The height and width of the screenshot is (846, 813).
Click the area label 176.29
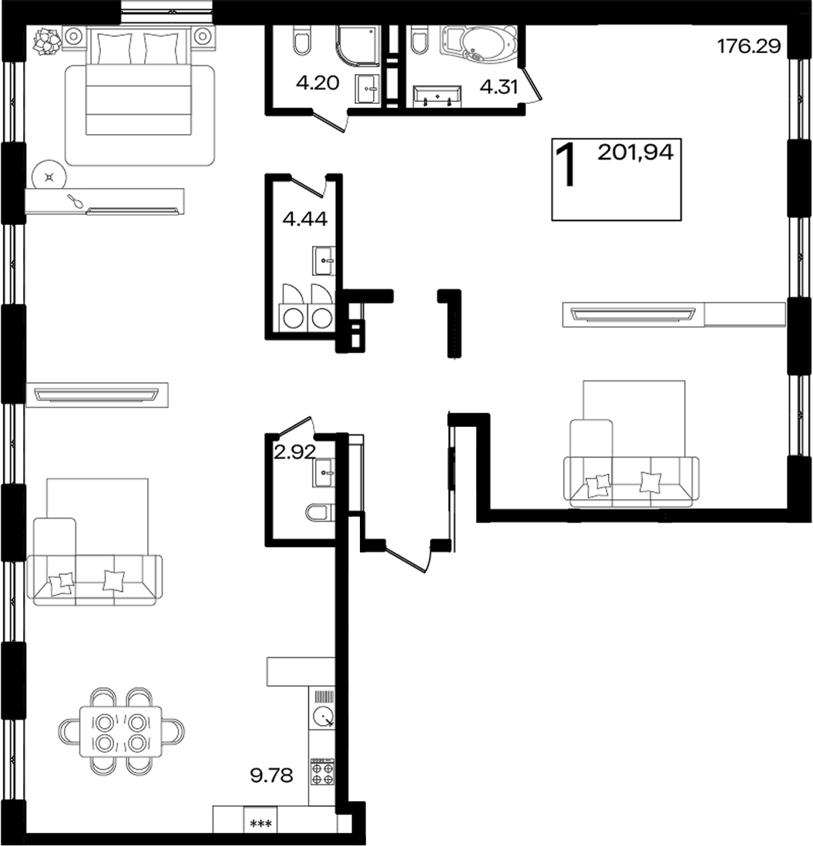click(x=749, y=46)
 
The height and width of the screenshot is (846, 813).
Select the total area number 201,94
click(x=636, y=153)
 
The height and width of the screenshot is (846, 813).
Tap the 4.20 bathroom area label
click(x=317, y=82)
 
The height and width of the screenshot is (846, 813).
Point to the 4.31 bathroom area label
click(x=499, y=86)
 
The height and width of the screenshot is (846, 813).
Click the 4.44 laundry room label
click(x=305, y=219)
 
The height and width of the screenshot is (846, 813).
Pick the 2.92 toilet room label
click(x=294, y=452)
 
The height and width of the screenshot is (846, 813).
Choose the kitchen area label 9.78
click(x=271, y=775)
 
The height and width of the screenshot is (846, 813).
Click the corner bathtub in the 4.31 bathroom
click(x=478, y=44)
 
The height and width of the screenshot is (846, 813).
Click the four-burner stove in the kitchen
click(x=322, y=772)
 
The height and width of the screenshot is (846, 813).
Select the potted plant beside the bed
click(x=45, y=41)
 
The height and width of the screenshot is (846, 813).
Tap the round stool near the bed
click(x=49, y=176)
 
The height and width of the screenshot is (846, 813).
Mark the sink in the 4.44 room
click(x=324, y=260)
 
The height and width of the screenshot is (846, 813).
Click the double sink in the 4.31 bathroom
click(x=437, y=96)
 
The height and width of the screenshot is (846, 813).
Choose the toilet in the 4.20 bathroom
click(x=302, y=40)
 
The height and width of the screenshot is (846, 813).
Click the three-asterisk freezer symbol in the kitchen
click(x=260, y=824)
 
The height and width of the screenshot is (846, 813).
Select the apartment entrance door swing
click(x=409, y=559)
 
